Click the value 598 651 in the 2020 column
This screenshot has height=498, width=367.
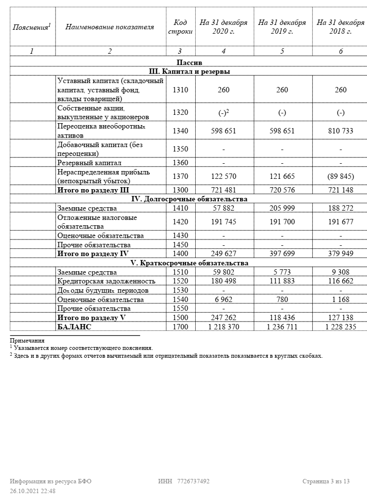(224, 131)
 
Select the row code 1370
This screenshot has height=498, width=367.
(181, 176)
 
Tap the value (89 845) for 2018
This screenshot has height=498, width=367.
(341, 176)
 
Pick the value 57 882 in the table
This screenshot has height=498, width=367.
(224, 208)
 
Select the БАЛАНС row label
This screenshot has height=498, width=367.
(74, 327)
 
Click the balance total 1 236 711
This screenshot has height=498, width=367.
(282, 327)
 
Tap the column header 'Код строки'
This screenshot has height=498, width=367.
(181, 27)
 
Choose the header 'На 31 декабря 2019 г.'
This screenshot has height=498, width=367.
(282, 27)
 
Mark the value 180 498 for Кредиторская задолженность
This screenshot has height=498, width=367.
(224, 281)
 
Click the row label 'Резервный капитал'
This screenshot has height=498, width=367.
(89, 163)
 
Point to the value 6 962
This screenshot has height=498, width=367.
(224, 300)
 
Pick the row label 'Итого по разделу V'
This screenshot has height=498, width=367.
(92, 318)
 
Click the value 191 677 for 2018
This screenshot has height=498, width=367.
(341, 222)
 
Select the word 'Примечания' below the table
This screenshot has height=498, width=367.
(27, 341)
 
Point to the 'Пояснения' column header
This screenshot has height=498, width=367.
(32, 27)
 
